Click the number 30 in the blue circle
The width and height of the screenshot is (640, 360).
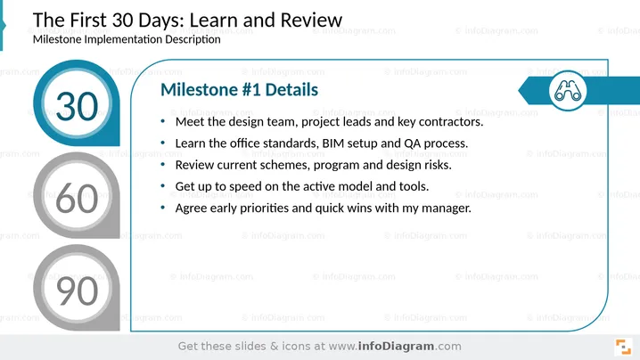pos(77,107)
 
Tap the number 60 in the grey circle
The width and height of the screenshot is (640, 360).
pos(77,199)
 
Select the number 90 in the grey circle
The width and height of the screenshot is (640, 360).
pos(77,291)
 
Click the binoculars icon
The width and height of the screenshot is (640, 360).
pos(567,91)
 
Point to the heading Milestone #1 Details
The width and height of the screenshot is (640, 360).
pos(239,90)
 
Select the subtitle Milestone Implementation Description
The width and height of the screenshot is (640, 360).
pos(127,39)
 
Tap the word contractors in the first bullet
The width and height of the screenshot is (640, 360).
pos(451,121)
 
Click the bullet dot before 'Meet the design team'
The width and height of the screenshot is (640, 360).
pos(163,121)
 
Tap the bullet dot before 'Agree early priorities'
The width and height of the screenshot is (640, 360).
pos(163,208)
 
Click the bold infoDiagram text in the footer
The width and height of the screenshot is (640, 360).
pos(396,346)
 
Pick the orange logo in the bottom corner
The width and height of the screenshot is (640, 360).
pos(623,347)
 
